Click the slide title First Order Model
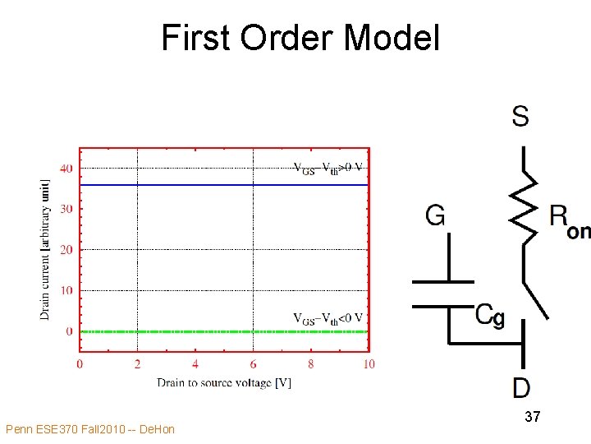(x=300, y=38)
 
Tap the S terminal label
(x=520, y=117)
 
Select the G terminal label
(x=435, y=215)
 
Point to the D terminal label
(x=521, y=387)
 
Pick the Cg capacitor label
(x=490, y=315)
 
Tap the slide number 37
(x=532, y=418)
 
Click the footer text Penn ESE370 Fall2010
(x=89, y=429)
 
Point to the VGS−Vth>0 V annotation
(x=328, y=169)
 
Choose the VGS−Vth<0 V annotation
(x=328, y=318)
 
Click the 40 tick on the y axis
(x=66, y=169)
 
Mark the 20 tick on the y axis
(x=66, y=250)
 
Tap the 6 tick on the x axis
(x=253, y=364)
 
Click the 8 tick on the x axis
(x=311, y=364)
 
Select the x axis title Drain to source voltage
(x=224, y=382)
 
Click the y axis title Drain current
(x=45, y=249)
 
